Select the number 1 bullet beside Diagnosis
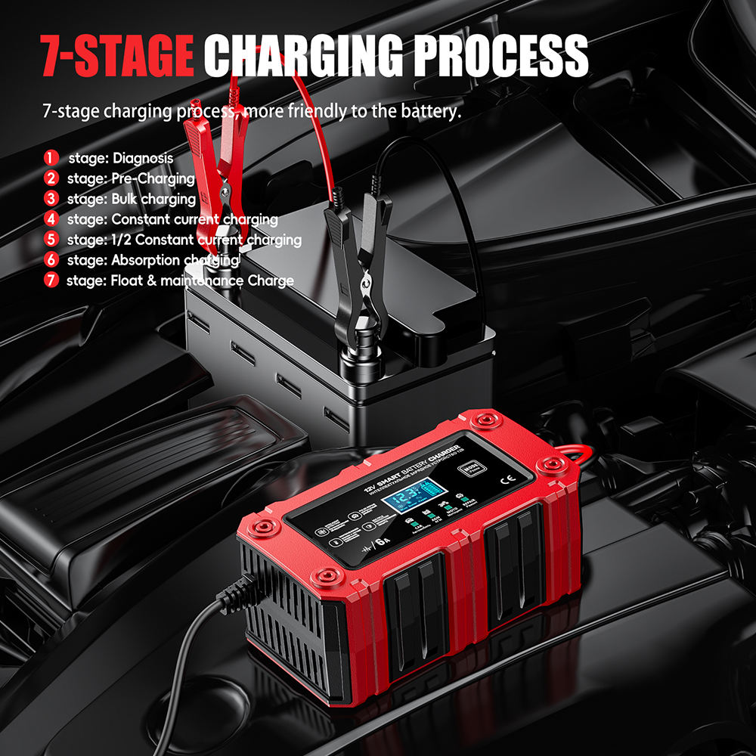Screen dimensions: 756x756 [x=51, y=158]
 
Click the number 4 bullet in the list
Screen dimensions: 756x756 [x=51, y=219]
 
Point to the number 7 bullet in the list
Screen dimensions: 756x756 [x=51, y=281]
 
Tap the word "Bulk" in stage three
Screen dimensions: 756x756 [x=125, y=199]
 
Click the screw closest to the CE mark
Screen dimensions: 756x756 [x=547, y=463]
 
